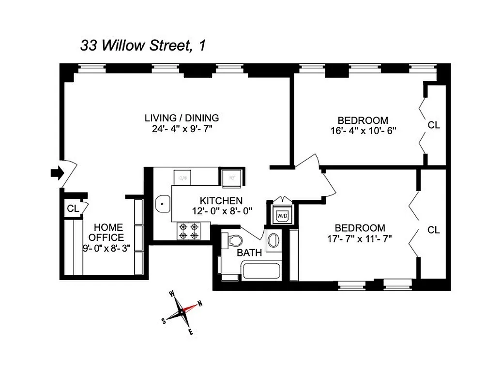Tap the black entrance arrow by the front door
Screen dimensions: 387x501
click(57, 173)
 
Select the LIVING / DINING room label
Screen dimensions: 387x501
click(182, 118)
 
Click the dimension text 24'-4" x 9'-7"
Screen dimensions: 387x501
click(182, 129)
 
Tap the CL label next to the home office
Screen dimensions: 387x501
click(73, 208)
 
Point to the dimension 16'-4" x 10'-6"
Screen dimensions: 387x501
click(363, 131)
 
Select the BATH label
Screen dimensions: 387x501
click(249, 252)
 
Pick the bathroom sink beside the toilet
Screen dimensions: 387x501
click(273, 240)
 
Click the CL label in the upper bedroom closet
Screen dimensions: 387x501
click(434, 125)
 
